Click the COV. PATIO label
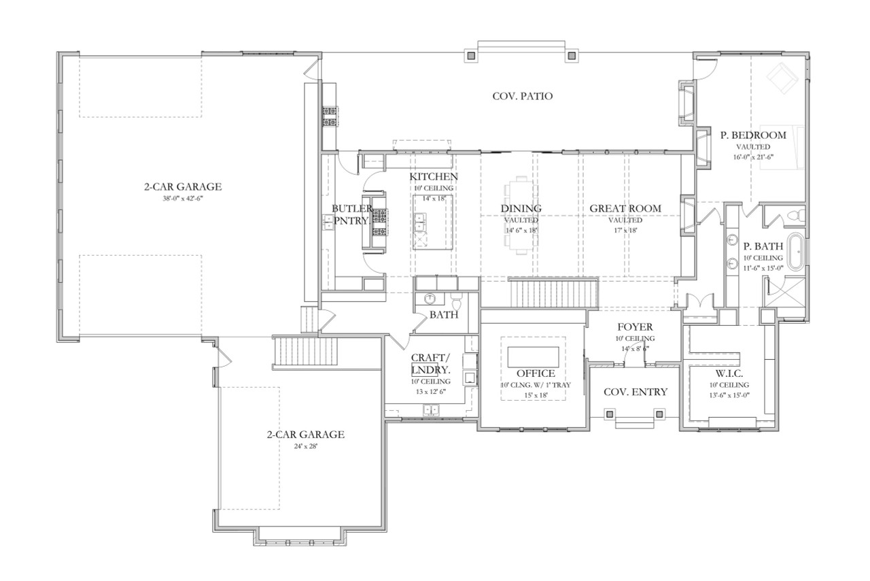(522, 96)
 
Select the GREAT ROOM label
(625, 208)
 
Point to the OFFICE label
(535, 373)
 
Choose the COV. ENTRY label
(636, 391)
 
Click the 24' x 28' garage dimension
(305, 446)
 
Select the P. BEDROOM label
(752, 135)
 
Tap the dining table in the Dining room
(521, 215)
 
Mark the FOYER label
(635, 327)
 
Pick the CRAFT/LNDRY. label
(430, 364)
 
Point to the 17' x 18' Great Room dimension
(625, 230)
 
